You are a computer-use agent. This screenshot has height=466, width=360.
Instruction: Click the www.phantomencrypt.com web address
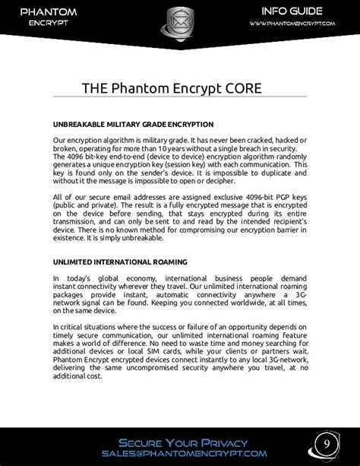[x=292, y=24]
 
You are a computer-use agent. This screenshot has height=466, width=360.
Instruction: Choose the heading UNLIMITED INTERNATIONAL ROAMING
[x=120, y=262]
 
